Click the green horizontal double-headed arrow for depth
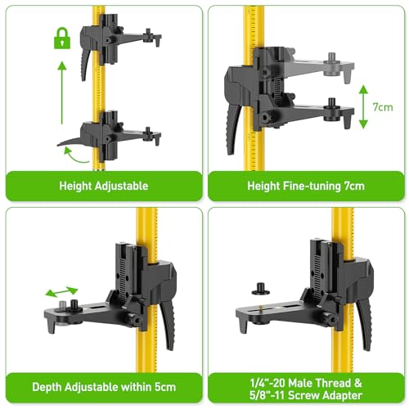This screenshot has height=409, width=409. (61, 291)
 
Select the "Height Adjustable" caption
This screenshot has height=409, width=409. (103, 186)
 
